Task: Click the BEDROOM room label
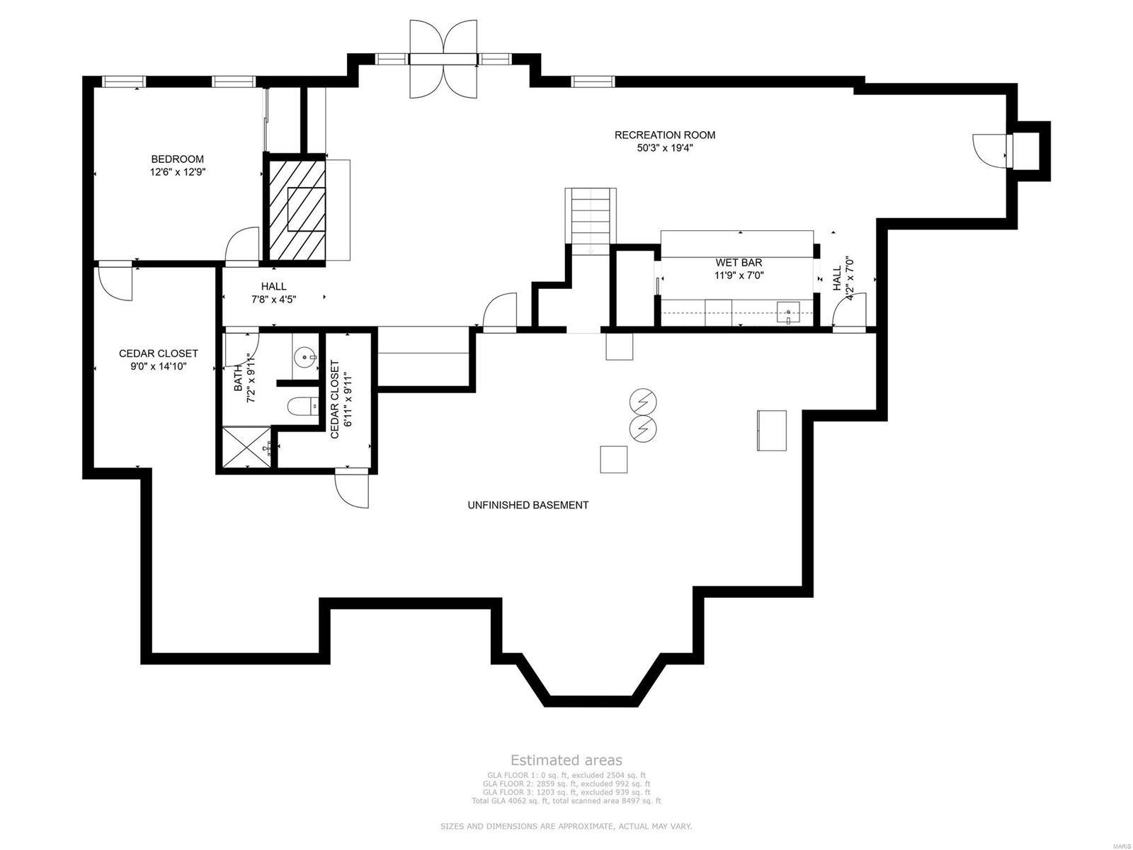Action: [177, 159]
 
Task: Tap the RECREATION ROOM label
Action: [664, 135]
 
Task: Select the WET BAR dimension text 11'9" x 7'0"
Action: [739, 276]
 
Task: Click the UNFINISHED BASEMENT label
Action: [528, 505]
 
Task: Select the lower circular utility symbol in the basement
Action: [643, 427]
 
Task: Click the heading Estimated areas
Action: [566, 760]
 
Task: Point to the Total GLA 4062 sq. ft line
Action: [566, 800]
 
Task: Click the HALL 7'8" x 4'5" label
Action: [273, 293]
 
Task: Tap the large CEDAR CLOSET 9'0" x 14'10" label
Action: [158, 360]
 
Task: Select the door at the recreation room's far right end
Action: [990, 149]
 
